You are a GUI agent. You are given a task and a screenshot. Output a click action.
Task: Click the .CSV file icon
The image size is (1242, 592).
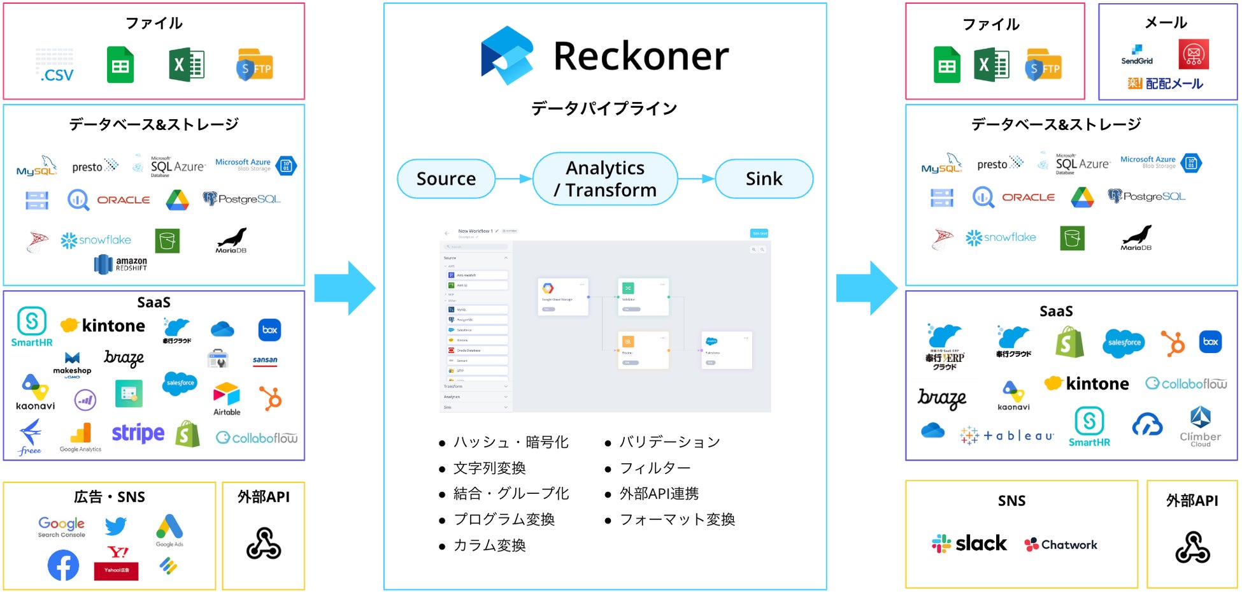[55, 66]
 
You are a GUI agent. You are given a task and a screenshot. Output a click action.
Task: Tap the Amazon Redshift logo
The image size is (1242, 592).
[120, 264]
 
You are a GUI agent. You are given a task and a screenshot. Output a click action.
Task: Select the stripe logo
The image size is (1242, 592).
[138, 433]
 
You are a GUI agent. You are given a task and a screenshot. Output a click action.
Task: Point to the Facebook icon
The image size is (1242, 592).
[63, 565]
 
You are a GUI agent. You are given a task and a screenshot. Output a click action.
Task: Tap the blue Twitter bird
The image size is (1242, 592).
[116, 526]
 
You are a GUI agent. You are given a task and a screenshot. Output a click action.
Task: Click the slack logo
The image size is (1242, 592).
[969, 544]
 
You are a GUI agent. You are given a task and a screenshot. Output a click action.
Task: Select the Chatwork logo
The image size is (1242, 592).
[1060, 545]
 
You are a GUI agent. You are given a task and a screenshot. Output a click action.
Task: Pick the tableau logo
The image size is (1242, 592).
[1006, 435]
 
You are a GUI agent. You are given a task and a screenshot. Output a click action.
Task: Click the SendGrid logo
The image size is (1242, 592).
[1137, 55]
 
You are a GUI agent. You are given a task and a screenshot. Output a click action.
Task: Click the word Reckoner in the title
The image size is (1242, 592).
[641, 56]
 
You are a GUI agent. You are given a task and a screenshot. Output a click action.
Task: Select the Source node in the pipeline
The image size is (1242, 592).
[446, 179]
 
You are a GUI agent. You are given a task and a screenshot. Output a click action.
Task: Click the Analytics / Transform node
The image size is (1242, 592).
[605, 179]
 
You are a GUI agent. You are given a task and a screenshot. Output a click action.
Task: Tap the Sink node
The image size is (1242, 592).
[764, 179]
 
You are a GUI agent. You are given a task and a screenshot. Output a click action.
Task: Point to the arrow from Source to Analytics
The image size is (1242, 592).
[513, 179]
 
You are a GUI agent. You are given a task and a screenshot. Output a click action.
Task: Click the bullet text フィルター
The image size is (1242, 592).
[655, 468]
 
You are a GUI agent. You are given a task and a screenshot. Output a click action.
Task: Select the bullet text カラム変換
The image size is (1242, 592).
[489, 545]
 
